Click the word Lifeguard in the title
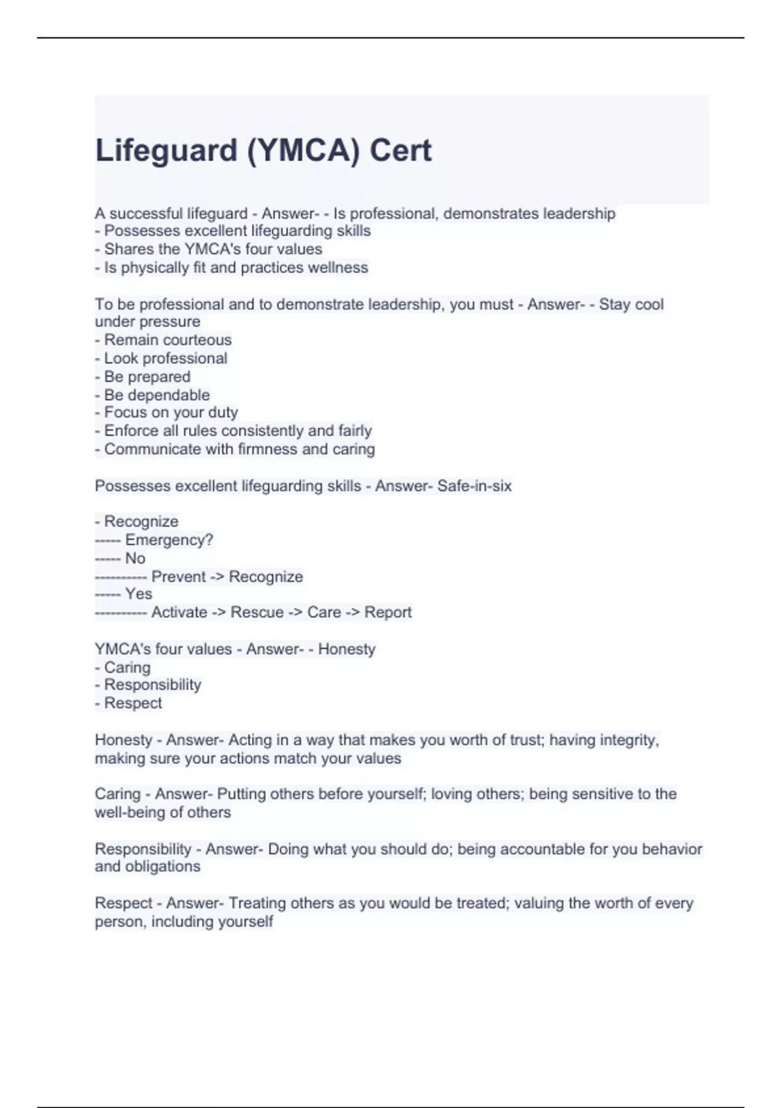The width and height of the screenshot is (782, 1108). point(166,151)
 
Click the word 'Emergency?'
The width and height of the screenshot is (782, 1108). point(169,540)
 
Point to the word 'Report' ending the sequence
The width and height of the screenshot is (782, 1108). point(388,613)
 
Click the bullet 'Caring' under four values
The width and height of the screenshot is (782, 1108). point(127,667)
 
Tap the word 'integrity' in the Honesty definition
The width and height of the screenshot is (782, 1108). point(628,740)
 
